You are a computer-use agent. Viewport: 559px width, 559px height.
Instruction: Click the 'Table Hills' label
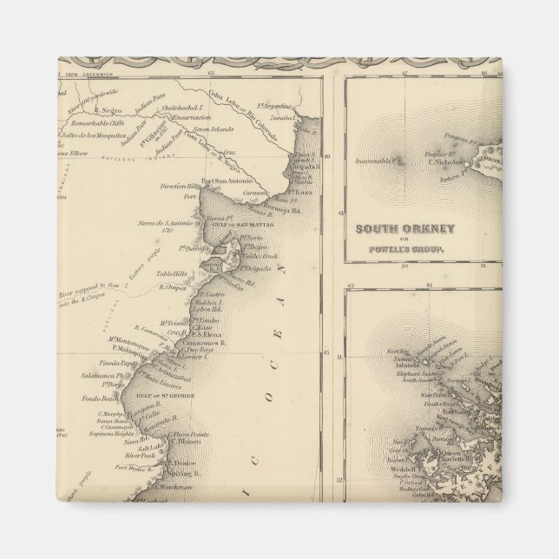(173, 274)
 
